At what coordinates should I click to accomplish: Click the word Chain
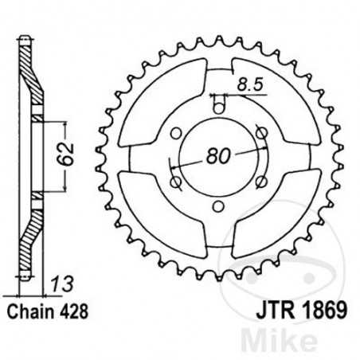tap(30, 307)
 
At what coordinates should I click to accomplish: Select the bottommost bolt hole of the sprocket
tap(216, 209)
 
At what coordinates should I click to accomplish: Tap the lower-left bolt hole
tap(173, 182)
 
